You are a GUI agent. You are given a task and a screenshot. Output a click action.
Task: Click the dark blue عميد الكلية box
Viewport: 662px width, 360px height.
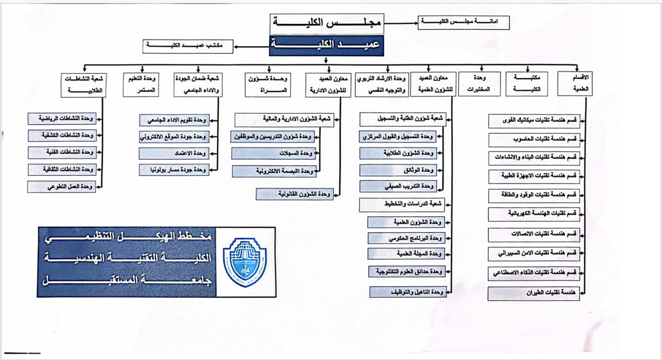pos(326,46)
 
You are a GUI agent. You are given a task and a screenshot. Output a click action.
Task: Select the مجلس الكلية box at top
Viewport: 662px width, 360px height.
pos(326,23)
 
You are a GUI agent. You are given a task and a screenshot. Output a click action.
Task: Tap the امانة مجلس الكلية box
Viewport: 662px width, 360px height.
pos(464,23)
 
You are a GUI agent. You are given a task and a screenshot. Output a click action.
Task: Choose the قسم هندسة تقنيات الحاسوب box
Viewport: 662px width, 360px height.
pos(534,140)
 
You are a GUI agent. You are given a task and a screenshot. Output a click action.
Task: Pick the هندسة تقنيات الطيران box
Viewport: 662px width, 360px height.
pos(534,294)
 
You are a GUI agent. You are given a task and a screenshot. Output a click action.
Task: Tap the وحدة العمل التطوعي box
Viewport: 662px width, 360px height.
pos(62,186)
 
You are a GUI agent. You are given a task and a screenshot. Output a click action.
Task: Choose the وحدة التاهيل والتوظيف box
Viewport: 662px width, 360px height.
pos(408,292)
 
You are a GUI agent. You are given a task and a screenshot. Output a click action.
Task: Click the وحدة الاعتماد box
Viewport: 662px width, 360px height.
pos(174,154)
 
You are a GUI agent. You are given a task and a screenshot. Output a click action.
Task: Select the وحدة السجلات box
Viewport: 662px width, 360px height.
pos(274,154)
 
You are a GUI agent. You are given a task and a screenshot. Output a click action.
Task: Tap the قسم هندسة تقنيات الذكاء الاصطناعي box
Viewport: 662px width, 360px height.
pos(534,273)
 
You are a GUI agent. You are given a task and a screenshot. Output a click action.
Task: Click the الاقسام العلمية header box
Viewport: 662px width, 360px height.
pos(576,84)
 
